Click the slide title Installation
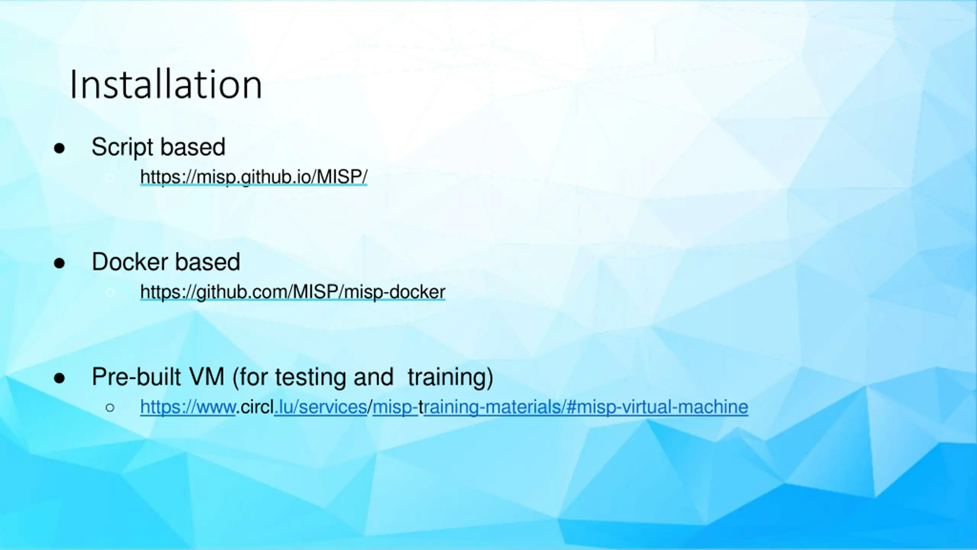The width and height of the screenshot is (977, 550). [166, 84]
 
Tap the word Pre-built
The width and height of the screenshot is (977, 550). [137, 377]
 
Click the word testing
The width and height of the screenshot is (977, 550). [311, 377]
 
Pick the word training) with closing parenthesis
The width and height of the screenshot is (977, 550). [450, 377]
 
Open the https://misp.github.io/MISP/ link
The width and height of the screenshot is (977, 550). [254, 177]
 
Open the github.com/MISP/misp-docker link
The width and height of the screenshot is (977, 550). [293, 292]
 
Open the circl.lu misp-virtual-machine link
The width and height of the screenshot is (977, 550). [444, 407]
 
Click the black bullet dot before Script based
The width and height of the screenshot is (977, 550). [59, 148]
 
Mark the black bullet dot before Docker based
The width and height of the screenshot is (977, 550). [59, 263]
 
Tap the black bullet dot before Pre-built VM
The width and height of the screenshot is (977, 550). [59, 378]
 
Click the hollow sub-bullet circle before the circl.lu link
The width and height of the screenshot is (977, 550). [110, 408]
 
